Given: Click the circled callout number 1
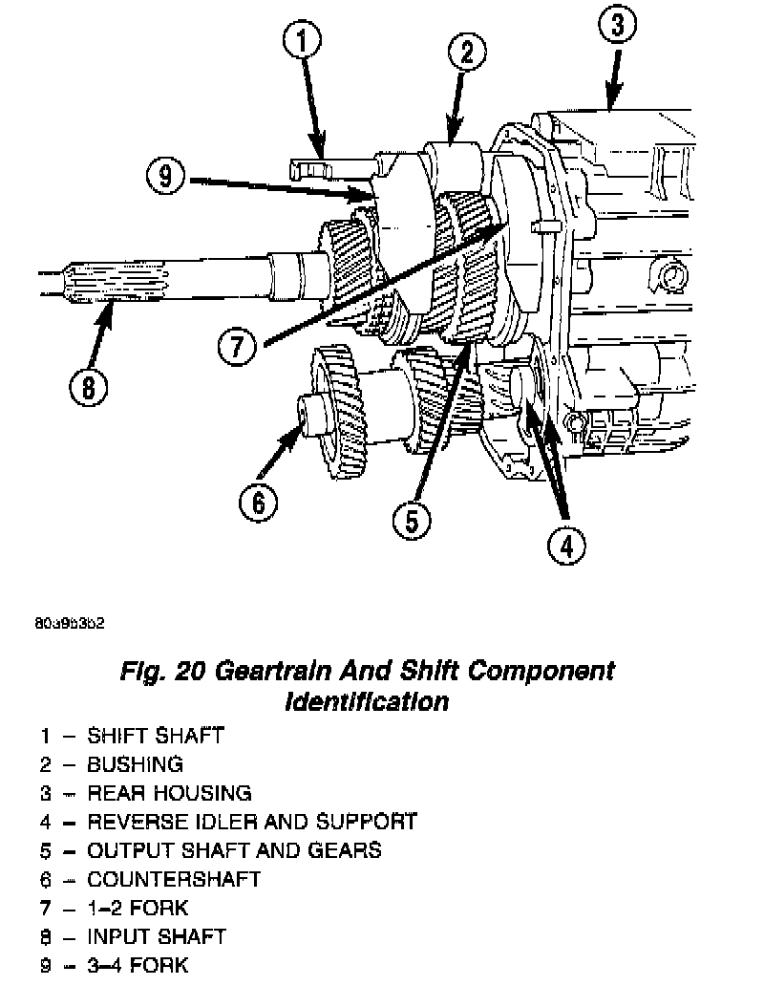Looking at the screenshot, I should pyautogui.click(x=303, y=43).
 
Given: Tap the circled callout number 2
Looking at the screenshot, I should pyautogui.click(x=465, y=54).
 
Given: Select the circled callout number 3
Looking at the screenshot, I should pyautogui.click(x=617, y=26).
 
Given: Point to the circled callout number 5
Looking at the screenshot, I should pyautogui.click(x=411, y=520).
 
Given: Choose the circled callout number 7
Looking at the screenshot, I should pyautogui.click(x=236, y=346).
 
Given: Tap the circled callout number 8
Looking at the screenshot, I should pyautogui.click(x=89, y=388).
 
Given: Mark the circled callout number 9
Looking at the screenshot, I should pyautogui.click(x=165, y=177).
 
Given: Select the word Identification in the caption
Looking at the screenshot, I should pyautogui.click(x=367, y=701).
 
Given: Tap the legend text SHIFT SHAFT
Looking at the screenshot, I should pyautogui.click(x=156, y=736).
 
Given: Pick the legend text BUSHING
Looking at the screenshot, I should pyautogui.click(x=135, y=764).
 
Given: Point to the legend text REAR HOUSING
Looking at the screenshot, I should pyautogui.click(x=169, y=793).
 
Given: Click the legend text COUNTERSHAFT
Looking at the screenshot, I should pyautogui.click(x=174, y=879).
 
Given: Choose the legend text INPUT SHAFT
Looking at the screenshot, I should pyautogui.click(x=157, y=936).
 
